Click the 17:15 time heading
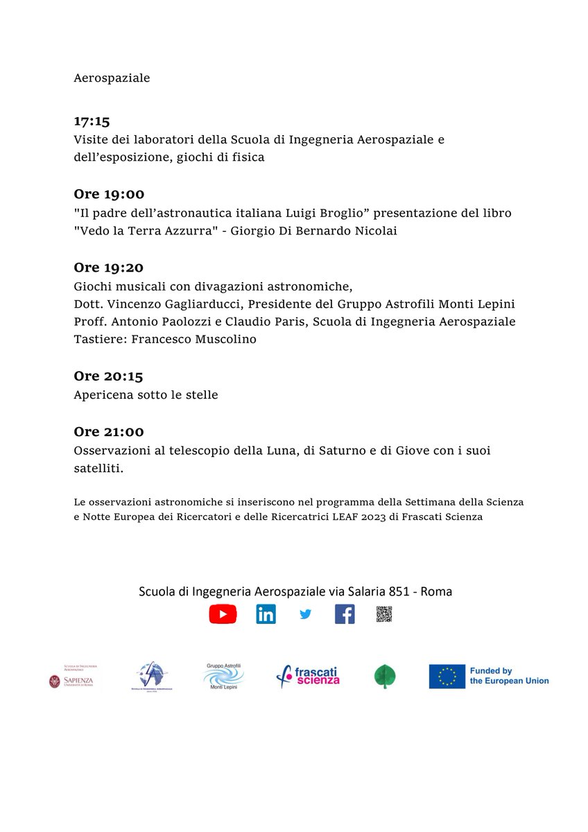92,121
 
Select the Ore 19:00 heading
109,194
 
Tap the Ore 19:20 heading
109,267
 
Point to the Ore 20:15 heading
109,376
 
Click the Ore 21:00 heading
109,431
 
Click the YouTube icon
223,614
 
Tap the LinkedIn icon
266,614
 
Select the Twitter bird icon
306,614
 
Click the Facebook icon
345,614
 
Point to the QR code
384,614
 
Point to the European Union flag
447,676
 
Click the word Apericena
103,395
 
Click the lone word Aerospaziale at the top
112,78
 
